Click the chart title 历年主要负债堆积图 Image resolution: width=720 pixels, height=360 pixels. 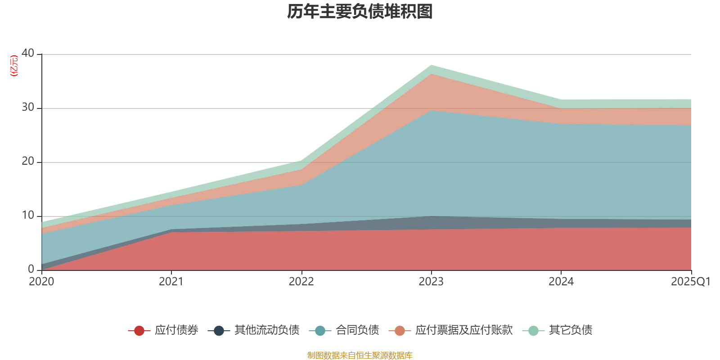pos(360,12)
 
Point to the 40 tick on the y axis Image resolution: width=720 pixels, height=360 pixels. pos(28,53)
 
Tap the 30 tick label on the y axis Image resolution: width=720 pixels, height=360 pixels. pos(28,107)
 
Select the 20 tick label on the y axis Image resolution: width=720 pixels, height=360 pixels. pos(28,161)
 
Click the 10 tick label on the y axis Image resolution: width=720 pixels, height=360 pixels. pos(28,215)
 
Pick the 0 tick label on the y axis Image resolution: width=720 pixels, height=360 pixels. pos(31,269)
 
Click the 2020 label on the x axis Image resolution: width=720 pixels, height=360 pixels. pos(41,282)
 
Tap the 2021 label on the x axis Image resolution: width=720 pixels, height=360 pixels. pos(171,282)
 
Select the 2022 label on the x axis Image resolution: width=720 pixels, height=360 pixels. pos(301,282)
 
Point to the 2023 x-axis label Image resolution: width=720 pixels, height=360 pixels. pos(431,282)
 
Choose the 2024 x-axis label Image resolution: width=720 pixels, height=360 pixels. pos(561,282)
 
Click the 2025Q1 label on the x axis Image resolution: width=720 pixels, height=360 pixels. pos(690,282)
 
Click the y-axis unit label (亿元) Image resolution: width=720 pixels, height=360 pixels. pos(14,66)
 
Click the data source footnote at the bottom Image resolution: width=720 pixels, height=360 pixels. pos(360,355)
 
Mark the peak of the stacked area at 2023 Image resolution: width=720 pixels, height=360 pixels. pos(431,65)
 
